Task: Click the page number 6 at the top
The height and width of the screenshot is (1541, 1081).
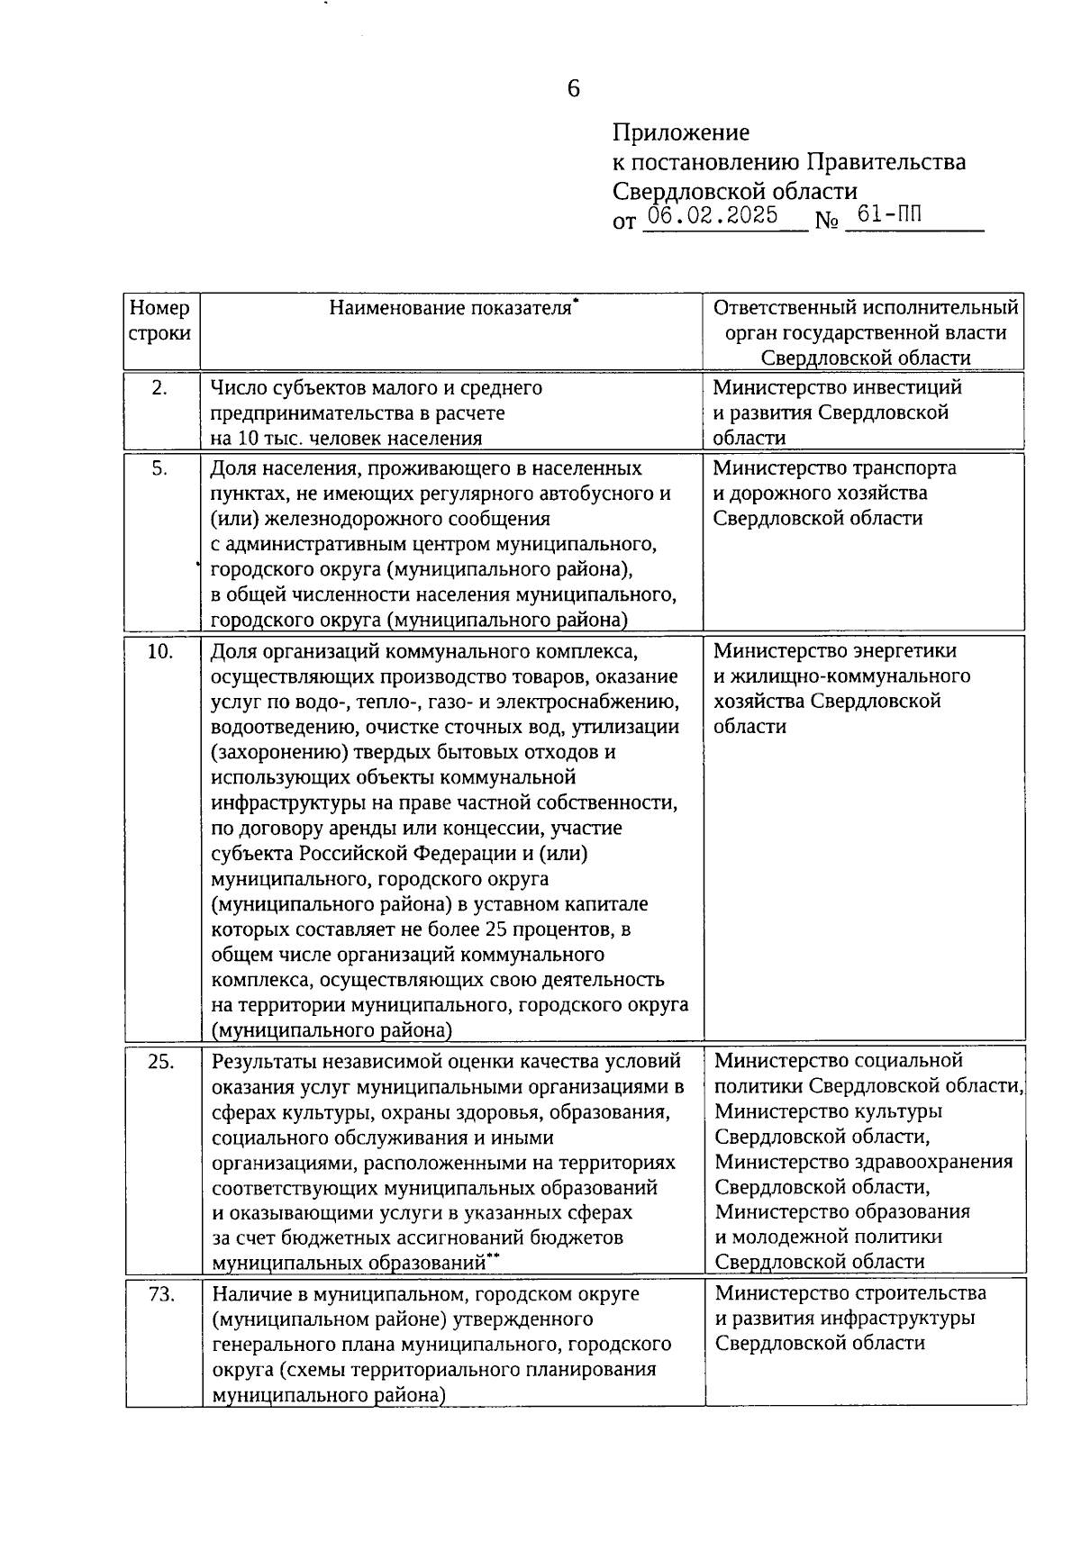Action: pos(574,88)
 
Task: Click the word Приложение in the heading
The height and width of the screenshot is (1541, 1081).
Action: pos(680,133)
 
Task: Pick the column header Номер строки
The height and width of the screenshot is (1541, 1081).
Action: pos(160,321)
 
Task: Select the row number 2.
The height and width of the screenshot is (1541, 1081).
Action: pos(159,388)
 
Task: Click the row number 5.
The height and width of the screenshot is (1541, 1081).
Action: pos(159,468)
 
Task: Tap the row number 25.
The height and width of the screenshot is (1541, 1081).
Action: pos(159,1061)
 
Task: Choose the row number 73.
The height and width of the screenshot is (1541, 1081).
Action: pos(159,1294)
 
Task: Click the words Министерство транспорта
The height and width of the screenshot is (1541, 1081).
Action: pos(834,468)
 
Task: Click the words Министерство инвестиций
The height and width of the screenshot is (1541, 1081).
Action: pos(837,388)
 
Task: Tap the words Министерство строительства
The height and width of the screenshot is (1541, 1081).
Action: pos(850,1294)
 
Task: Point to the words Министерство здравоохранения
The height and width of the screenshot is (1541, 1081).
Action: pos(863,1162)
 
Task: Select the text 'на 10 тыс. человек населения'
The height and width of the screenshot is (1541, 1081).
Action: pos(346,439)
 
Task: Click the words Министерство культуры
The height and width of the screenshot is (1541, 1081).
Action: pos(828,1111)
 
